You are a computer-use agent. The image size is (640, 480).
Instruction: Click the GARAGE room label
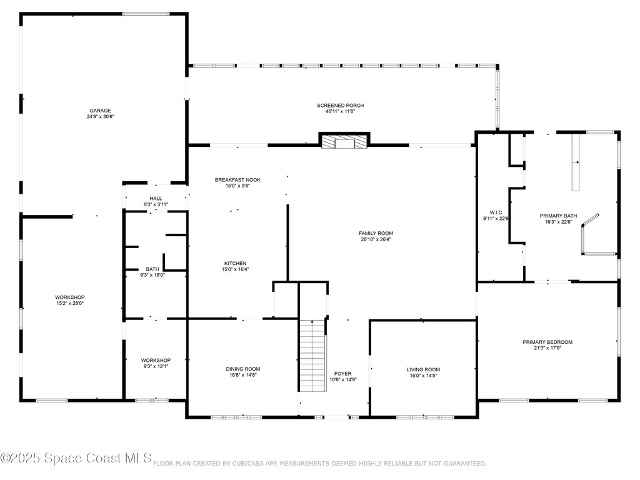coord(100,111)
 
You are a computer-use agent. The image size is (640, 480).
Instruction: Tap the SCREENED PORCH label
coord(340,106)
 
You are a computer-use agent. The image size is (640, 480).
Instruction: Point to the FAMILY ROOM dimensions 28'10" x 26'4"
coord(376,239)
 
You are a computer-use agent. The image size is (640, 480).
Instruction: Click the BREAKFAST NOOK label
coord(237,180)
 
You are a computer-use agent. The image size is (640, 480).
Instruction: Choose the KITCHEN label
coord(235,263)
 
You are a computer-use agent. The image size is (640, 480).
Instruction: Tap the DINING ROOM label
coord(242,369)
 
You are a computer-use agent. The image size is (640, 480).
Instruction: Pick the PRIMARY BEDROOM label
coord(547,342)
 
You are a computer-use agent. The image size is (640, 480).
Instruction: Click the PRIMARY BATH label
coord(558,216)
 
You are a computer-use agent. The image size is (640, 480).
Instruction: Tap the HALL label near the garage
coord(156,198)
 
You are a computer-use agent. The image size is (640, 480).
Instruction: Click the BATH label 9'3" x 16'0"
coord(152,268)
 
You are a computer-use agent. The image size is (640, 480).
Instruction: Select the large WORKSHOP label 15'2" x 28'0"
coord(69,297)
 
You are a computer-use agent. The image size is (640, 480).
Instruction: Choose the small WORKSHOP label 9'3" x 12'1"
coord(156,360)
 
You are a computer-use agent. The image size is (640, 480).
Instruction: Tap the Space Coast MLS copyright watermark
coord(76,459)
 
